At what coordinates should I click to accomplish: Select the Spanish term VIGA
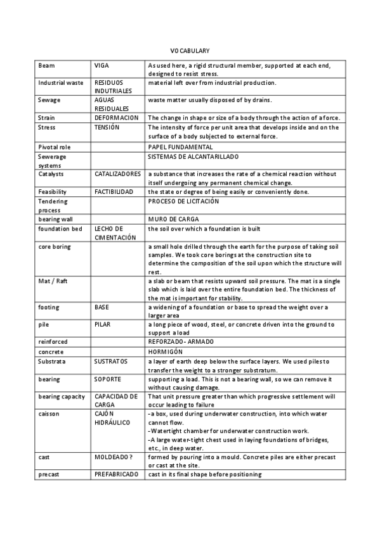point(102,65)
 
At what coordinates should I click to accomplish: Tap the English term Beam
point(46,65)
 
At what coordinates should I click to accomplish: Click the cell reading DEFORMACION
point(117,118)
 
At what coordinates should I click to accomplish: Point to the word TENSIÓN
point(107,127)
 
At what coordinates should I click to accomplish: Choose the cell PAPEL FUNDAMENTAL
point(180,147)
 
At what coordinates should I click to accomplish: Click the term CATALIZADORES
point(118,174)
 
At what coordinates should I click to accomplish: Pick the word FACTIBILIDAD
point(114,192)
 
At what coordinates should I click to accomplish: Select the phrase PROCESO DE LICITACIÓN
point(183,201)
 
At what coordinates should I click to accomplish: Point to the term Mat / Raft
point(53,281)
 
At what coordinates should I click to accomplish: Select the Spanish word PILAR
point(103,324)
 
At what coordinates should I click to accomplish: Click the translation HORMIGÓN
point(165,351)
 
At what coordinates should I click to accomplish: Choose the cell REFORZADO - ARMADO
point(180,342)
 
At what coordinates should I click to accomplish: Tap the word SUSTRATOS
point(111,361)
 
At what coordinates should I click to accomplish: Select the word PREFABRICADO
point(116,474)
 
